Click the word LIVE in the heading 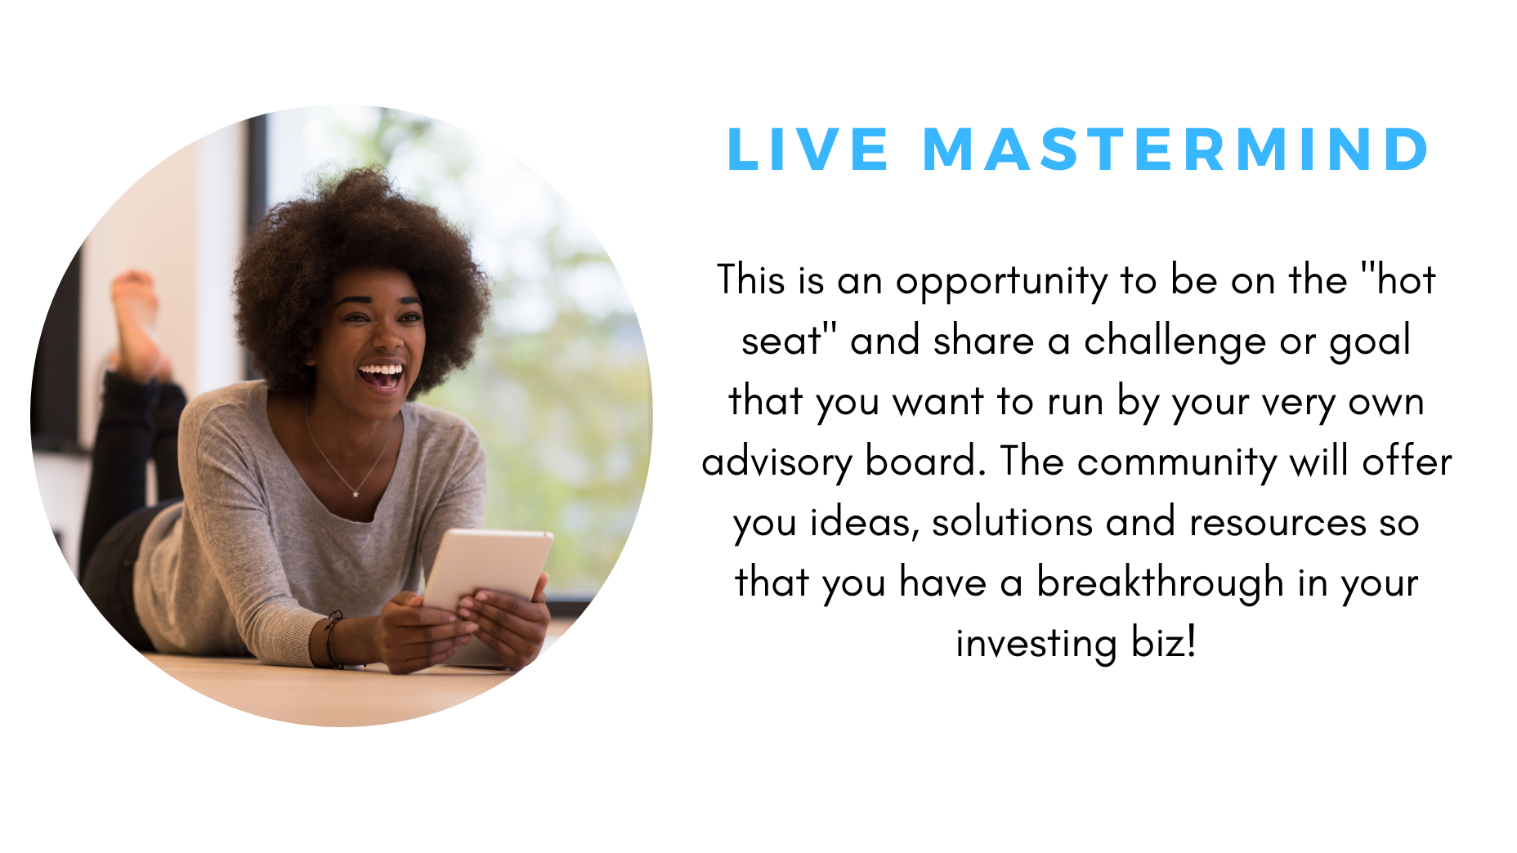click(808, 150)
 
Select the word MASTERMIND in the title click(1176, 150)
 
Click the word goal click(1370, 341)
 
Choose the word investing click(1036, 644)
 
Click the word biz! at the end click(1164, 642)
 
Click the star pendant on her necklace click(356, 493)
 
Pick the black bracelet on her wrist click(331, 639)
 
